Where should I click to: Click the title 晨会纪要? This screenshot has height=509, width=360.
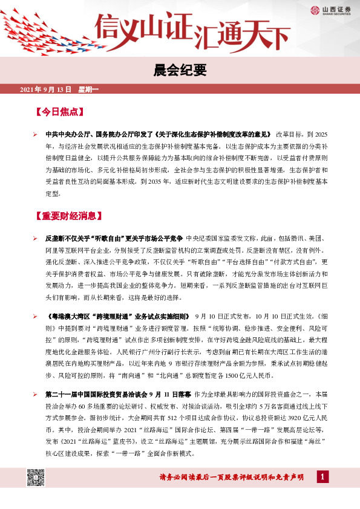180,70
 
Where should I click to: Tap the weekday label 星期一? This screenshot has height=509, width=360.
88,89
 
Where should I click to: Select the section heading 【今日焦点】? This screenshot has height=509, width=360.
59,112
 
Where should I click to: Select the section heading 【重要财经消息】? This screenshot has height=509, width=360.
69,215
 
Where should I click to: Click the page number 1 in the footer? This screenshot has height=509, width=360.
323,478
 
